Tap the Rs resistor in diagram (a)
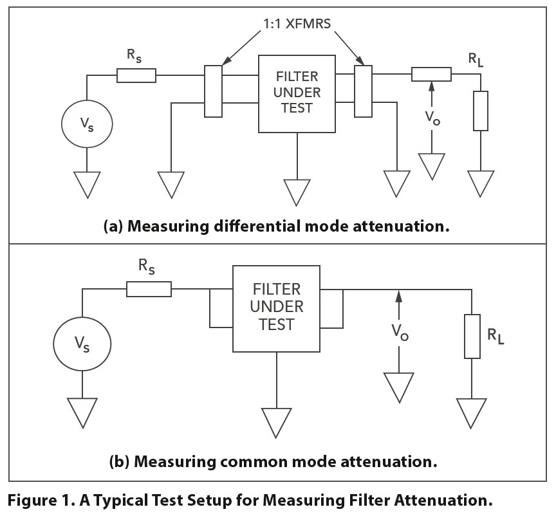(136, 75)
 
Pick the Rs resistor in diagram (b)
(149, 290)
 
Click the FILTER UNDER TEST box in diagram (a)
(297, 93)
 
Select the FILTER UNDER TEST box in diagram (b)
(277, 309)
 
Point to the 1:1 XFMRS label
(290, 29)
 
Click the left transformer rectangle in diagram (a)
(213, 91)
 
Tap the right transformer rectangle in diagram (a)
(363, 91)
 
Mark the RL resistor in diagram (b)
(472, 336)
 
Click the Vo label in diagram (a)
(432, 119)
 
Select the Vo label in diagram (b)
(399, 331)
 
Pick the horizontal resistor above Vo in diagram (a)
(431, 75)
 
